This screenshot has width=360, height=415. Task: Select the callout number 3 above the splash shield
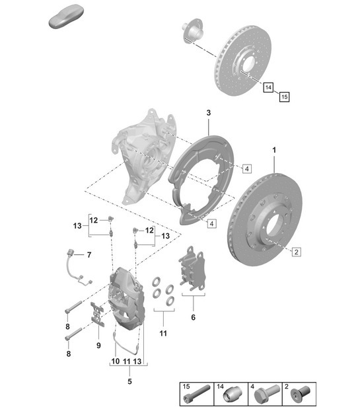click(208, 114)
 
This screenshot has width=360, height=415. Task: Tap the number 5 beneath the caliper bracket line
click(129, 381)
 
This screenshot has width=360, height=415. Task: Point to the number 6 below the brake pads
click(194, 317)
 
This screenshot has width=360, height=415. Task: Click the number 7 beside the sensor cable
click(90, 255)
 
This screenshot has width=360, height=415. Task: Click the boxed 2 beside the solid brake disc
click(297, 251)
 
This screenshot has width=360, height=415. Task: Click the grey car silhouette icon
click(65, 17)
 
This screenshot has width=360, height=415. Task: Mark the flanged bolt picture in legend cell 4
click(264, 396)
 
